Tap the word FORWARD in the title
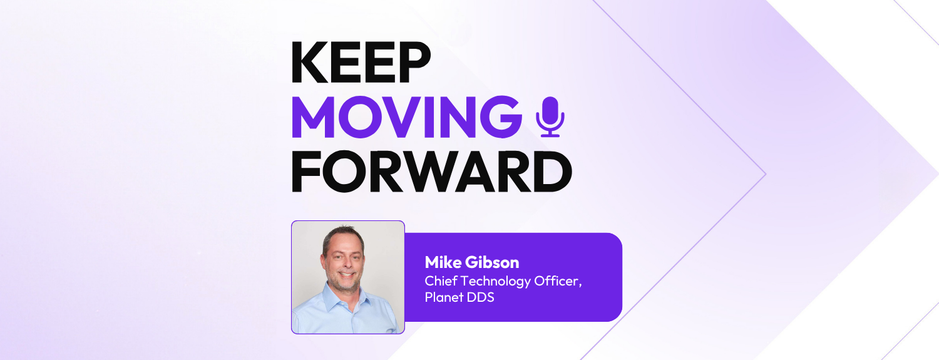(431, 171)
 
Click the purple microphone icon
(550, 116)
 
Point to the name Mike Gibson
(471, 262)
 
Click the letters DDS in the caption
(481, 297)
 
